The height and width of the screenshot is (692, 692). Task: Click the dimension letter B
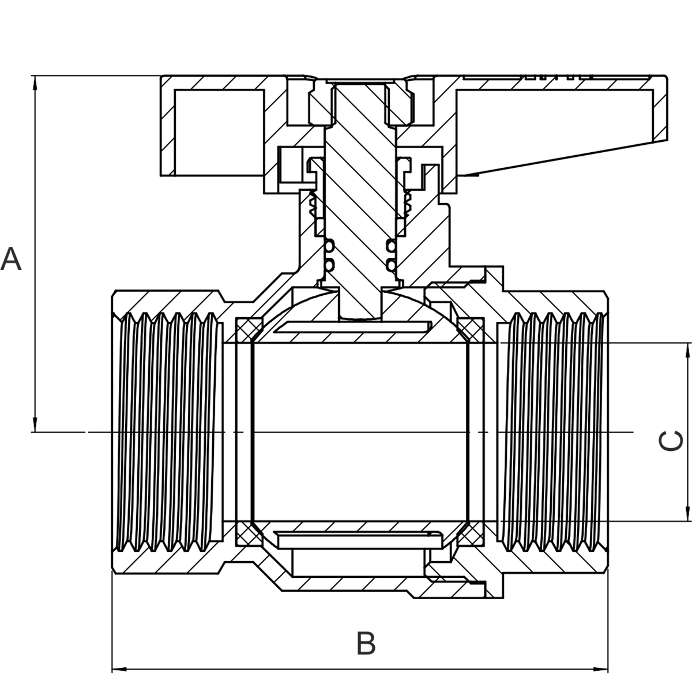point(366,644)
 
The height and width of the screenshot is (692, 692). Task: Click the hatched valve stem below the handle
point(360,190)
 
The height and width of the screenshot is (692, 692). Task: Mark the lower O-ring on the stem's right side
point(391,265)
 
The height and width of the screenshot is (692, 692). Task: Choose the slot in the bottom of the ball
point(358,539)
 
